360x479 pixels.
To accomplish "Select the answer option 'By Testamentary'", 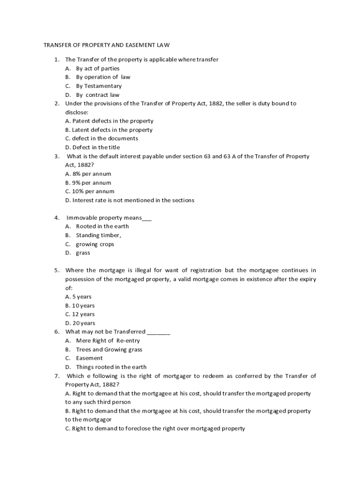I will pos(99,86).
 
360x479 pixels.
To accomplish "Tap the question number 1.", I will pos(56,59).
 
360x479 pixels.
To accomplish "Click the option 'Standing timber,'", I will pos(99,235).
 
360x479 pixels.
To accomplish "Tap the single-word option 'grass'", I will pos(83,253).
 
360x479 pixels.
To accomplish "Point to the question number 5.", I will pos(56,270).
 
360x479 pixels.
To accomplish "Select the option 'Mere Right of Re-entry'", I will pos(108,341).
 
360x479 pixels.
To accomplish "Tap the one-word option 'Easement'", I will pos(89,358).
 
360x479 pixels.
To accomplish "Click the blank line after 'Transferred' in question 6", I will pos(158,332).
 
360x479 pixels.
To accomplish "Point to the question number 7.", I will pos(56,376).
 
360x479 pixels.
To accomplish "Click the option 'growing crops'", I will pos(95,244).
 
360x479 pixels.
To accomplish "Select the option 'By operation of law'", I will pos(103,77).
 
